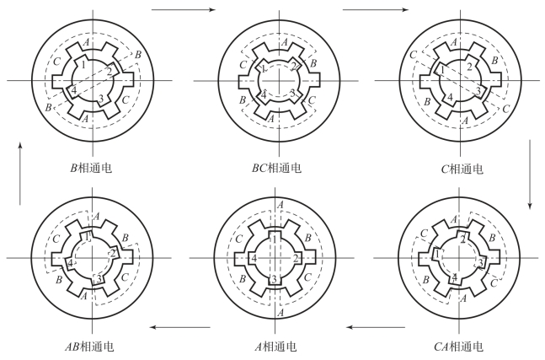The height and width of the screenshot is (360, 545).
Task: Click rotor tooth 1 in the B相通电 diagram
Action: coord(83,63)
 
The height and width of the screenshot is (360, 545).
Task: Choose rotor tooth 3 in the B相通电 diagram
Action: coord(102,99)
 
